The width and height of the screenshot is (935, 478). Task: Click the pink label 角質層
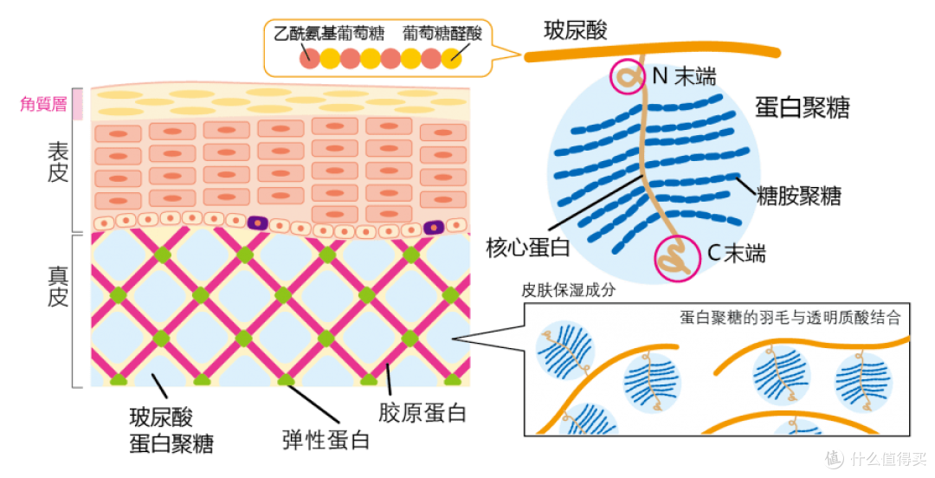pos(43,105)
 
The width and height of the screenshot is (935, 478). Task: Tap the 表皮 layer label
pos(58,162)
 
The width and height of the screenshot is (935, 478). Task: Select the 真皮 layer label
pos(58,287)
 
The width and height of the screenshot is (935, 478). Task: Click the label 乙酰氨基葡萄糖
pos(329,33)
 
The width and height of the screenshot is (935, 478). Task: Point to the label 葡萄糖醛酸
pos(442,33)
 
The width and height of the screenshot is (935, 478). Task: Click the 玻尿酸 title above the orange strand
pos(576,29)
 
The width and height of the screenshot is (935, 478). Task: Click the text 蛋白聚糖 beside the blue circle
pos(802,107)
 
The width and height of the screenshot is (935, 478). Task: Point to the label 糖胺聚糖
pos(798,196)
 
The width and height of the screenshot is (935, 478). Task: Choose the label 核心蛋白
pos(528,247)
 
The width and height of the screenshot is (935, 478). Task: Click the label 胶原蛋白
pos(422,413)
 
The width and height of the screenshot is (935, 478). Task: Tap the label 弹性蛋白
pos(326,440)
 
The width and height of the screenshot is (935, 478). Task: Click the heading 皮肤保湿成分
pos(568,291)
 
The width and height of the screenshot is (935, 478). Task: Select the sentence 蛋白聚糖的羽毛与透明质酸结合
pos(790,317)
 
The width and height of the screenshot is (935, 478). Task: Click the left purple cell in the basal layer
pos(258,223)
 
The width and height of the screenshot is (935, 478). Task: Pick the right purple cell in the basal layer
pos(434,228)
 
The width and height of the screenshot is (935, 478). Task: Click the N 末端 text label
pos(684,76)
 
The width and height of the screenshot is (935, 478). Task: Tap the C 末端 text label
pos(737,253)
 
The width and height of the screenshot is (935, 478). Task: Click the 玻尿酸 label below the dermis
pos(161,417)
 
